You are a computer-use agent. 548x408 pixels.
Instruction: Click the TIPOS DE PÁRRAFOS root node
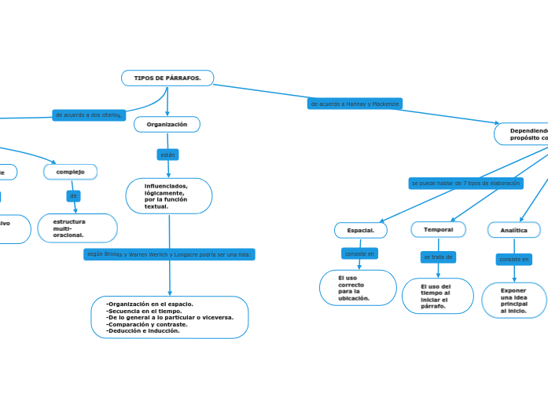point(167,78)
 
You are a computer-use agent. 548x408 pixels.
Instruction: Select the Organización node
point(167,125)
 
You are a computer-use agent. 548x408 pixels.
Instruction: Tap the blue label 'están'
point(167,155)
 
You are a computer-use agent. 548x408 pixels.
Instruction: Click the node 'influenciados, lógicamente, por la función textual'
point(168,196)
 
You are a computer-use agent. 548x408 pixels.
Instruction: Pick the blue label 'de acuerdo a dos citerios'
point(89,115)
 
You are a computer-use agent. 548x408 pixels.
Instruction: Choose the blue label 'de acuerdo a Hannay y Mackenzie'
point(355,104)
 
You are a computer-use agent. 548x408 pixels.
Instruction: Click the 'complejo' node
point(70,172)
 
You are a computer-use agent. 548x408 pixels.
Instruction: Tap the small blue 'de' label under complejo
point(73,195)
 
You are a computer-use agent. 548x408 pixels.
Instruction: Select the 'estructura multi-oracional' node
point(77,228)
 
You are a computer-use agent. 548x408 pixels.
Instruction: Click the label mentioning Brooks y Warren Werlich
point(169,254)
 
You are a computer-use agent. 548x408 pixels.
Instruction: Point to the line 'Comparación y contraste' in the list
point(147,324)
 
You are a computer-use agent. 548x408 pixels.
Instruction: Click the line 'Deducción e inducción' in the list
point(142,331)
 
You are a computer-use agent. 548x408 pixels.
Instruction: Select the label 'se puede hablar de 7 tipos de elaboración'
point(465,183)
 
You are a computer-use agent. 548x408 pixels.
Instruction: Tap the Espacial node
point(361,230)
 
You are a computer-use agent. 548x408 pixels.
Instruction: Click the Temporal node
point(438,229)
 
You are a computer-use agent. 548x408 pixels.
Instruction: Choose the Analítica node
point(513,230)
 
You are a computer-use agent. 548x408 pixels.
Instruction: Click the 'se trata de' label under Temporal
point(438,257)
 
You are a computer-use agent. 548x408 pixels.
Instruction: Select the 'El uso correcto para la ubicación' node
point(358,287)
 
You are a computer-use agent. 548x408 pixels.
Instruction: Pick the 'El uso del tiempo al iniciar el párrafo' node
point(437,296)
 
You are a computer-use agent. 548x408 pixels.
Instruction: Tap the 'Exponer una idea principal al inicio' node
point(513,301)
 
